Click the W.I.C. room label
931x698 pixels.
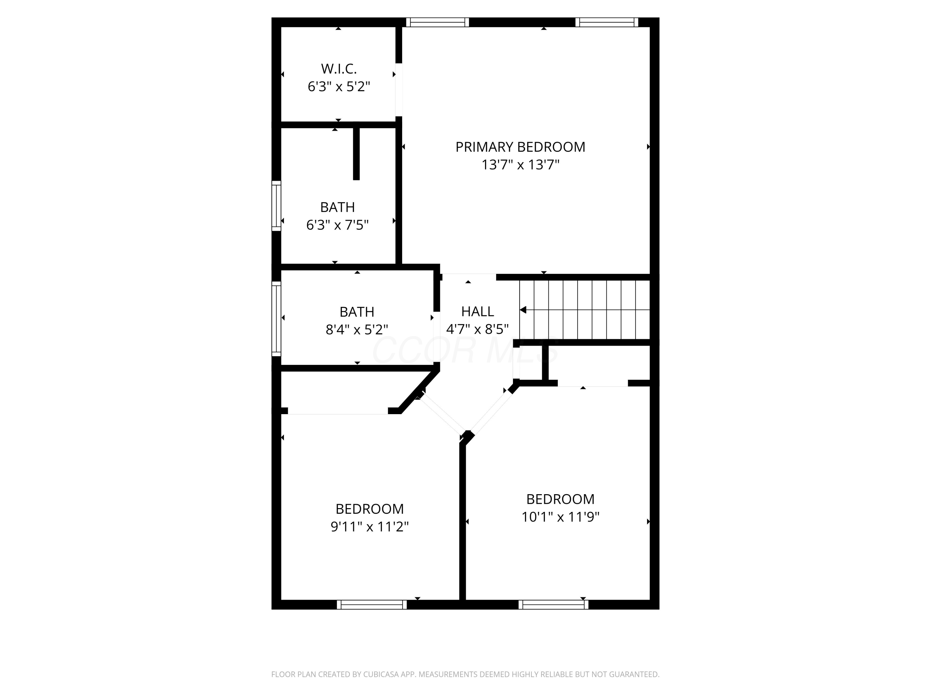pyautogui.click(x=339, y=69)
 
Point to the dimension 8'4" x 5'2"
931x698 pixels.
pyautogui.click(x=357, y=329)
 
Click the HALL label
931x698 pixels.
pyautogui.click(x=477, y=311)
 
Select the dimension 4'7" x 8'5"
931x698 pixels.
pyautogui.click(x=477, y=329)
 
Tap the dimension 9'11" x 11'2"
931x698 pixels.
pyautogui.click(x=370, y=526)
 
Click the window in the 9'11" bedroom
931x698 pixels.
pyautogui.click(x=372, y=605)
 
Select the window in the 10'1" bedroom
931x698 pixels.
pyautogui.click(x=553, y=605)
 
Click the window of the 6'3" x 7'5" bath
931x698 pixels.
pyautogui.click(x=276, y=206)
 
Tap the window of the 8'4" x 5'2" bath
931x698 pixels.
pyautogui.click(x=276, y=319)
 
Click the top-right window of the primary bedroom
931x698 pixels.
pyautogui.click(x=606, y=22)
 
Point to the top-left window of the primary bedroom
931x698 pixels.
pyautogui.click(x=437, y=22)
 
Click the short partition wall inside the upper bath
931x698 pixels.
pyautogui.click(x=356, y=154)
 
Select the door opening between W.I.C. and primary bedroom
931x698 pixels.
pyautogui.click(x=398, y=90)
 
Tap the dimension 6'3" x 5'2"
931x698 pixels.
pyautogui.click(x=339, y=87)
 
